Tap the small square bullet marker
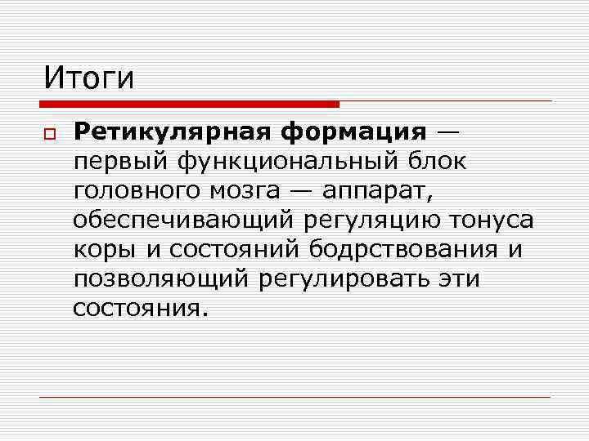point(49,133)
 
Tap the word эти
point(459,279)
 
